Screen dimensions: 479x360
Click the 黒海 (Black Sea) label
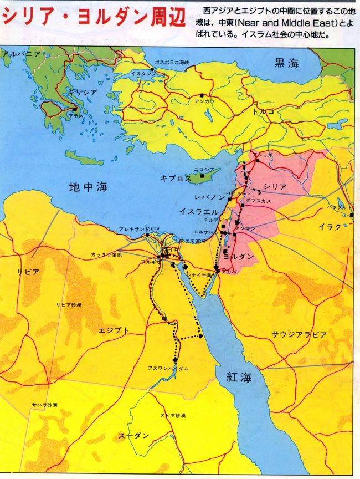pos(286,63)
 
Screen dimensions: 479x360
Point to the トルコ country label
pos(263,111)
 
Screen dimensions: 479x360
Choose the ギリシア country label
pos(82,92)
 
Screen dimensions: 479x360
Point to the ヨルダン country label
pos(239,256)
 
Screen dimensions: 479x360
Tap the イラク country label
pos(330,227)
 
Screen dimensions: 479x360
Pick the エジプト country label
pos(113,330)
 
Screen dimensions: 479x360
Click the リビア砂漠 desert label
pos(70,305)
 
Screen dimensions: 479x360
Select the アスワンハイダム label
pos(151,369)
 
